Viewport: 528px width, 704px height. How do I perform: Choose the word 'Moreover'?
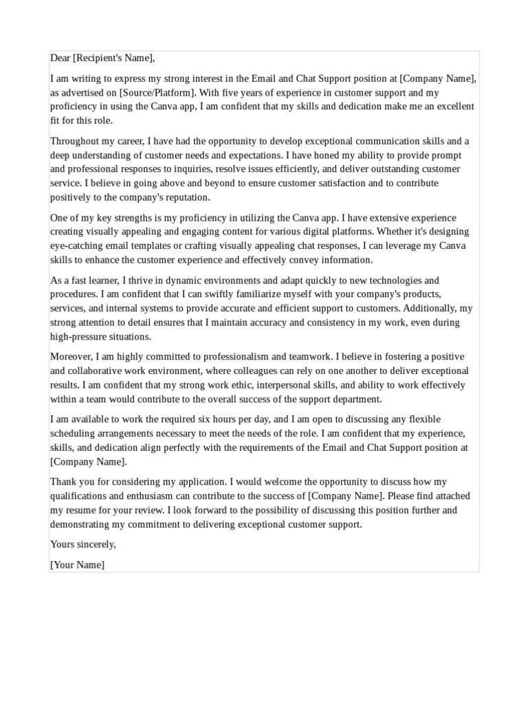[70, 357]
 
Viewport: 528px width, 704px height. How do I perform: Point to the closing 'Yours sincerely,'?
[83, 544]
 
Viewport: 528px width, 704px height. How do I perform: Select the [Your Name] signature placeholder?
[77, 564]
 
